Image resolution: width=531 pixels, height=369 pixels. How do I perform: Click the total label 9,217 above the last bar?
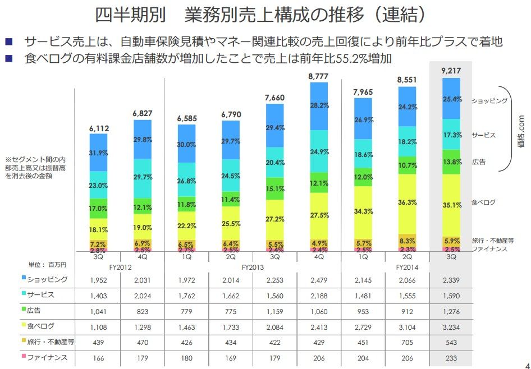click(451, 70)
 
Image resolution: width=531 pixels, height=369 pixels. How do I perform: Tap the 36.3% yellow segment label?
click(408, 202)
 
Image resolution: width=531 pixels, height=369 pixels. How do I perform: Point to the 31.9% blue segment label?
click(99, 153)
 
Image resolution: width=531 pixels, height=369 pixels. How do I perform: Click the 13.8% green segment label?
click(452, 162)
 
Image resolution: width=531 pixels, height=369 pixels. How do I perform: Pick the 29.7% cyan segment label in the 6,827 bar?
click(143, 177)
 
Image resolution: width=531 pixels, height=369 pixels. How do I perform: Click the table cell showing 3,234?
click(451, 326)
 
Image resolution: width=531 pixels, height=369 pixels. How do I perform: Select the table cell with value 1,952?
click(99, 279)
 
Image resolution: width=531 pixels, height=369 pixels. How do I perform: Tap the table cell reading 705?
click(408, 342)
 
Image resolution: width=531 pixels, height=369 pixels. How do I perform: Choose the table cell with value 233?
click(451, 357)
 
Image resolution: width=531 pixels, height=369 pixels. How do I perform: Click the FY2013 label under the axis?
click(253, 268)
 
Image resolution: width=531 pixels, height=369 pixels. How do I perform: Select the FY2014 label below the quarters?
click(408, 268)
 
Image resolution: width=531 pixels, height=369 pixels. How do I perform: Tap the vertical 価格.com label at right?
click(520, 129)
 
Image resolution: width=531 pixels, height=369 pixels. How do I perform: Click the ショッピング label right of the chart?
click(489, 101)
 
